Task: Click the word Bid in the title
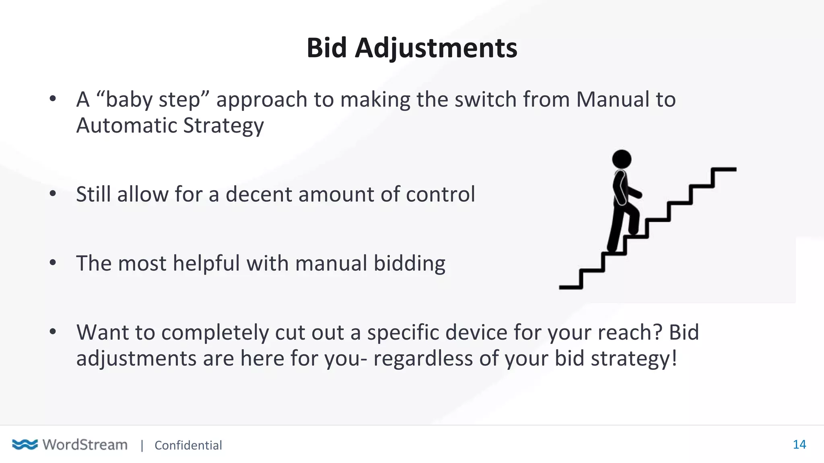326,48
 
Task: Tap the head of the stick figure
622,159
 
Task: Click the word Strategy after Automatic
223,126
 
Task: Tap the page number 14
799,445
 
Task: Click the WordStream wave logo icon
25,445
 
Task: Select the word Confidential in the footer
188,445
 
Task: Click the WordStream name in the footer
85,445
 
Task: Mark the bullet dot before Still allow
53,194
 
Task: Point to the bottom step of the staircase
570,287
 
